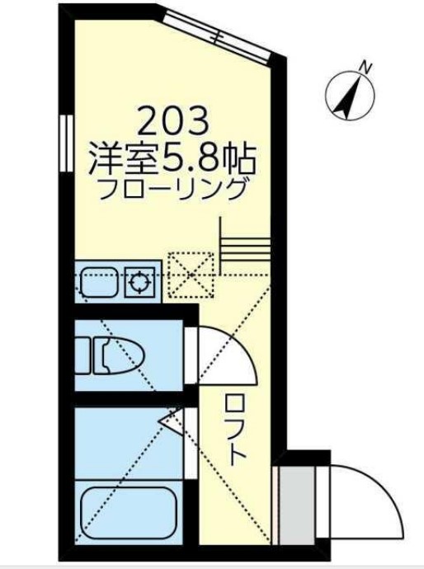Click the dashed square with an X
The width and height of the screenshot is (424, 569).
coord(191,273)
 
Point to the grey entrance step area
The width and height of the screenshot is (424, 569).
coord(293,503)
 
